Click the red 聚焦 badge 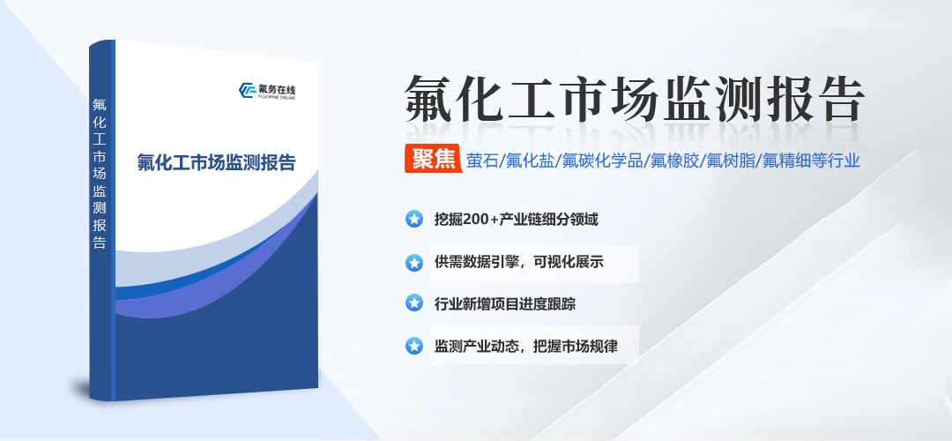[x=433, y=159]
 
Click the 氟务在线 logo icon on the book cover [x=246, y=90]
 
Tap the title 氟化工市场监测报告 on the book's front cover [x=216, y=164]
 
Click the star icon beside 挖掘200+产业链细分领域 [x=413, y=219]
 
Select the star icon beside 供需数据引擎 [x=413, y=262]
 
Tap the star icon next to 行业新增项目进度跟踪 [x=413, y=303]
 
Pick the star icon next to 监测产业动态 [x=413, y=346]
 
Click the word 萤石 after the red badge [x=483, y=160]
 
